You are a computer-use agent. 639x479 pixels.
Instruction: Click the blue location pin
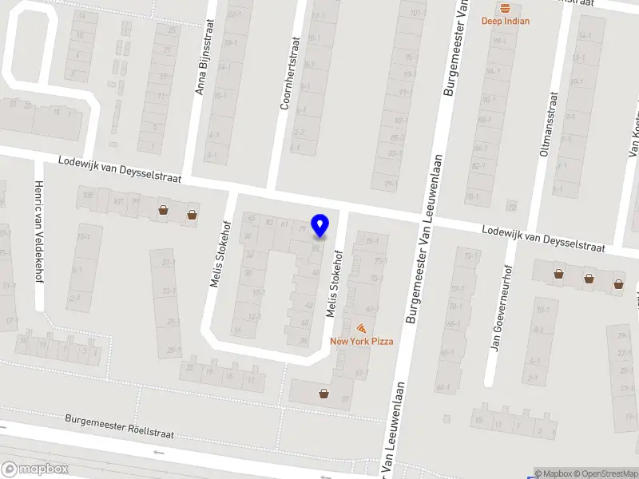click(319, 225)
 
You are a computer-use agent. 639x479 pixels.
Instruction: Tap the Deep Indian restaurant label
click(505, 22)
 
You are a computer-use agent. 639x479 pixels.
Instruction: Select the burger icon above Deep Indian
click(505, 8)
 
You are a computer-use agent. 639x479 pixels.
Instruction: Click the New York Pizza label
click(362, 341)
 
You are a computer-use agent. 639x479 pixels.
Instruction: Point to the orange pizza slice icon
click(362, 328)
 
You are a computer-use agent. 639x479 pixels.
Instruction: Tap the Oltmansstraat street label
click(550, 122)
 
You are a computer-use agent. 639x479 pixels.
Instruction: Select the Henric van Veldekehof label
click(38, 232)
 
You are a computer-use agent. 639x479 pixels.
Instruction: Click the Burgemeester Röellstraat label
click(119, 426)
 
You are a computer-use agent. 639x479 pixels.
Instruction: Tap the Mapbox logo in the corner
click(34, 469)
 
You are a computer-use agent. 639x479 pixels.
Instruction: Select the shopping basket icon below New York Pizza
click(324, 393)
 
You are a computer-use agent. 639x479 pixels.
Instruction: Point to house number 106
click(88, 194)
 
